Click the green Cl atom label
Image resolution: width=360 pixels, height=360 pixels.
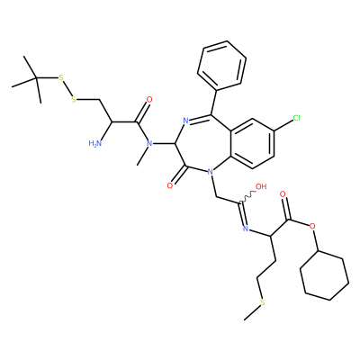296,118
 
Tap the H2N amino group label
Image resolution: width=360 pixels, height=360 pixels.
95,143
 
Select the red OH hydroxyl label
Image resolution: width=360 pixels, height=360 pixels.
261,186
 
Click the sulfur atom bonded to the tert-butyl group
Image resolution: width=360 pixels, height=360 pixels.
61,78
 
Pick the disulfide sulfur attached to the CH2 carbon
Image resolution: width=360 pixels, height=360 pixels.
74,99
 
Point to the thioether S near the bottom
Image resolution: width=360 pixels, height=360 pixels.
263,302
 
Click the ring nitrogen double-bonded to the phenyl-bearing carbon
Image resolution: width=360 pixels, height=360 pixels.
185,121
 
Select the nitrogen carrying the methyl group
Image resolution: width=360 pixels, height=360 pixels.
149,143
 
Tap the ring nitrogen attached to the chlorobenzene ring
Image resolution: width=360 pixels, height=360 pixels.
210,172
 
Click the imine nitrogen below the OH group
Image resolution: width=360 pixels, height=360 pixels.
246,229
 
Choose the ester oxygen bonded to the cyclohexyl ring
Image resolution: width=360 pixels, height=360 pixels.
312,225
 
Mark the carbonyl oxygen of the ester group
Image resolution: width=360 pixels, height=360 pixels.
283,194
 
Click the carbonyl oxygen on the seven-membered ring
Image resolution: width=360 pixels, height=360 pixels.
170,186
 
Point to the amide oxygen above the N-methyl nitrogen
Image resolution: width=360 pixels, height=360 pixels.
149,100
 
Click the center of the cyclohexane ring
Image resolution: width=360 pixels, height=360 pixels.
325,274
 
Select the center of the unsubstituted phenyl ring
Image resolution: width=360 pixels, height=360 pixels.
222,65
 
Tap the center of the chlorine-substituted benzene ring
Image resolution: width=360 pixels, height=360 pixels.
252,143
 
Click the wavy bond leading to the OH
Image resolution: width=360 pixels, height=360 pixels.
247,198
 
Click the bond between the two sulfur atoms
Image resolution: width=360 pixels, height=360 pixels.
67,89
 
